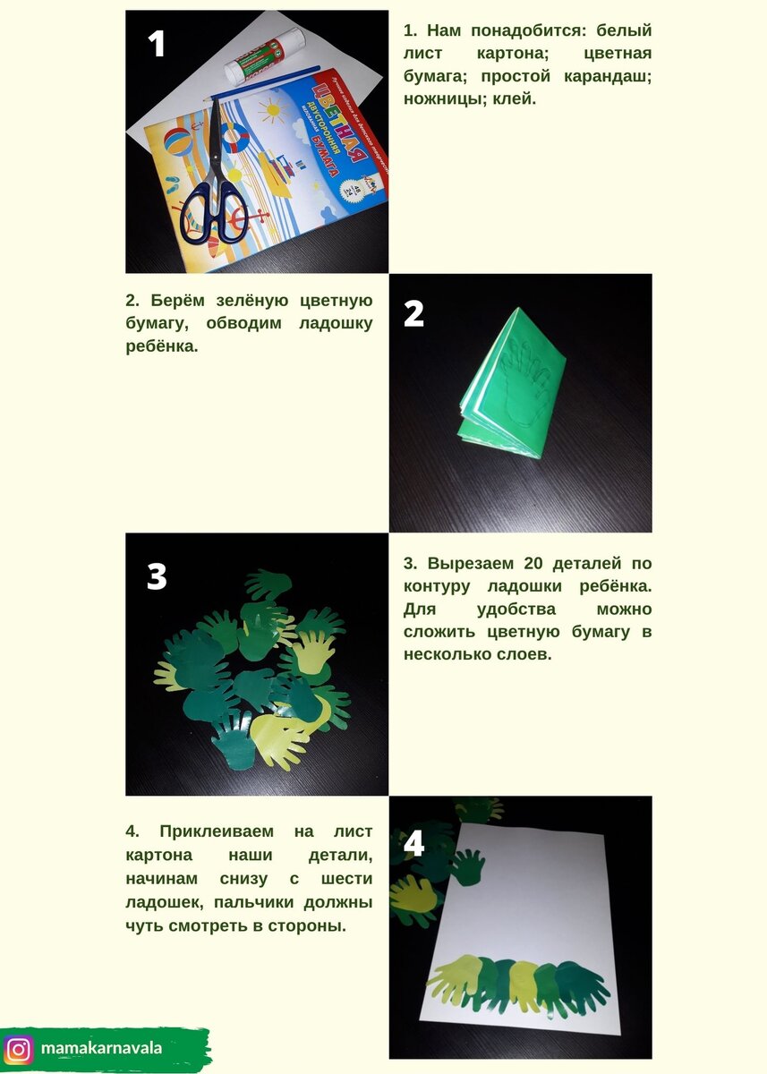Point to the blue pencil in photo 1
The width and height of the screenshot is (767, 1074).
(x=261, y=83)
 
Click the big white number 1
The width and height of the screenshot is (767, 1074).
(x=156, y=44)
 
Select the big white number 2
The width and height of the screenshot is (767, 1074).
(x=413, y=313)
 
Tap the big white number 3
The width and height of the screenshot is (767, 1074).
(x=157, y=575)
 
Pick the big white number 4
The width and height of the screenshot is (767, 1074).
(x=414, y=844)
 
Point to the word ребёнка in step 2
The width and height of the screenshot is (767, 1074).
(x=162, y=345)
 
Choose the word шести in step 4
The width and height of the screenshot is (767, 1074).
(x=346, y=878)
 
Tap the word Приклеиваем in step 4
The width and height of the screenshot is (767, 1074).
(x=217, y=831)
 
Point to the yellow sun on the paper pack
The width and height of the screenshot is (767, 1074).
(x=272, y=110)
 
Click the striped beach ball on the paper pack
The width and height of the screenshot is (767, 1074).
(x=178, y=142)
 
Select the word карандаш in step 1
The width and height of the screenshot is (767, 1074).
(x=608, y=76)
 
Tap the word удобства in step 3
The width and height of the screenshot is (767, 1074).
(x=516, y=609)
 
